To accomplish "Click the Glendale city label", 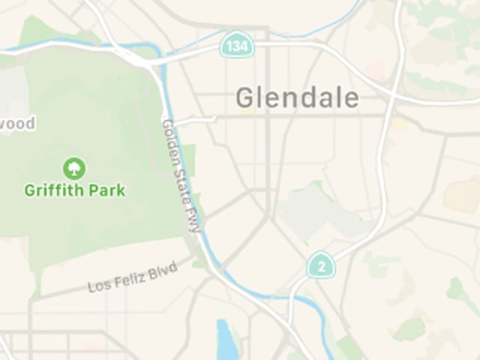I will pos(297,97).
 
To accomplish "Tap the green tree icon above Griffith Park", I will pos(74,168).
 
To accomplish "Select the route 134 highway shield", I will pos(236,46).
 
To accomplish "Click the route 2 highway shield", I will pos(321,265).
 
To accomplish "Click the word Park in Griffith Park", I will pos(107,190).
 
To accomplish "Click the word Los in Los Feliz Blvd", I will pos(98,286).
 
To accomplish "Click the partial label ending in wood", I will pos(16,124).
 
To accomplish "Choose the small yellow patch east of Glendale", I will pos(400,123).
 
